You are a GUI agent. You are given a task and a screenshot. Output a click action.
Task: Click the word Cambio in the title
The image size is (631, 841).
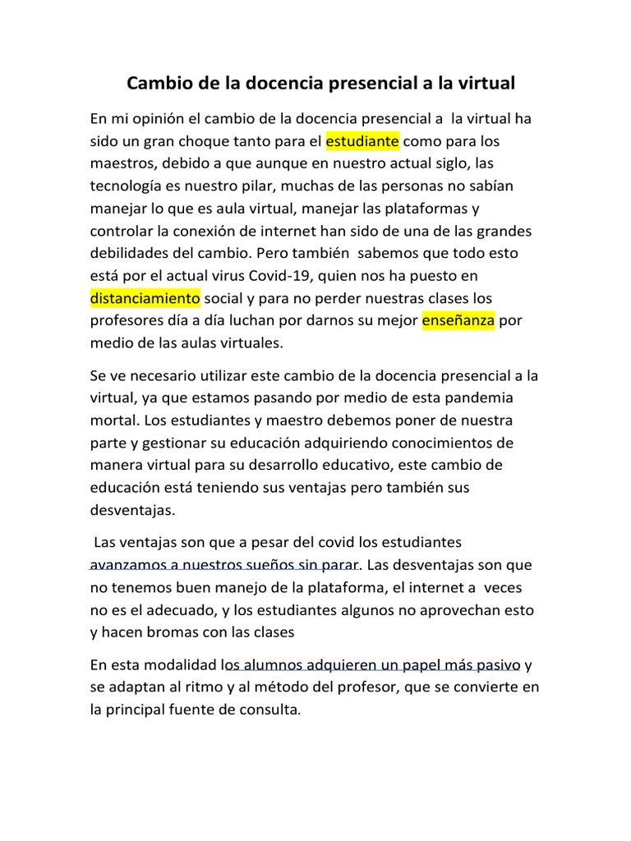[157, 84]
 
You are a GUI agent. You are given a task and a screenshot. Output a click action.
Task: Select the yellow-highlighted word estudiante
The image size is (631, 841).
[362, 141]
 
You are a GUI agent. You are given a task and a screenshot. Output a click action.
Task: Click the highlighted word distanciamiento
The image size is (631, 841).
[145, 297]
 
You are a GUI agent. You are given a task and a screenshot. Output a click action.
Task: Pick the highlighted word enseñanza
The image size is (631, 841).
[458, 319]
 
